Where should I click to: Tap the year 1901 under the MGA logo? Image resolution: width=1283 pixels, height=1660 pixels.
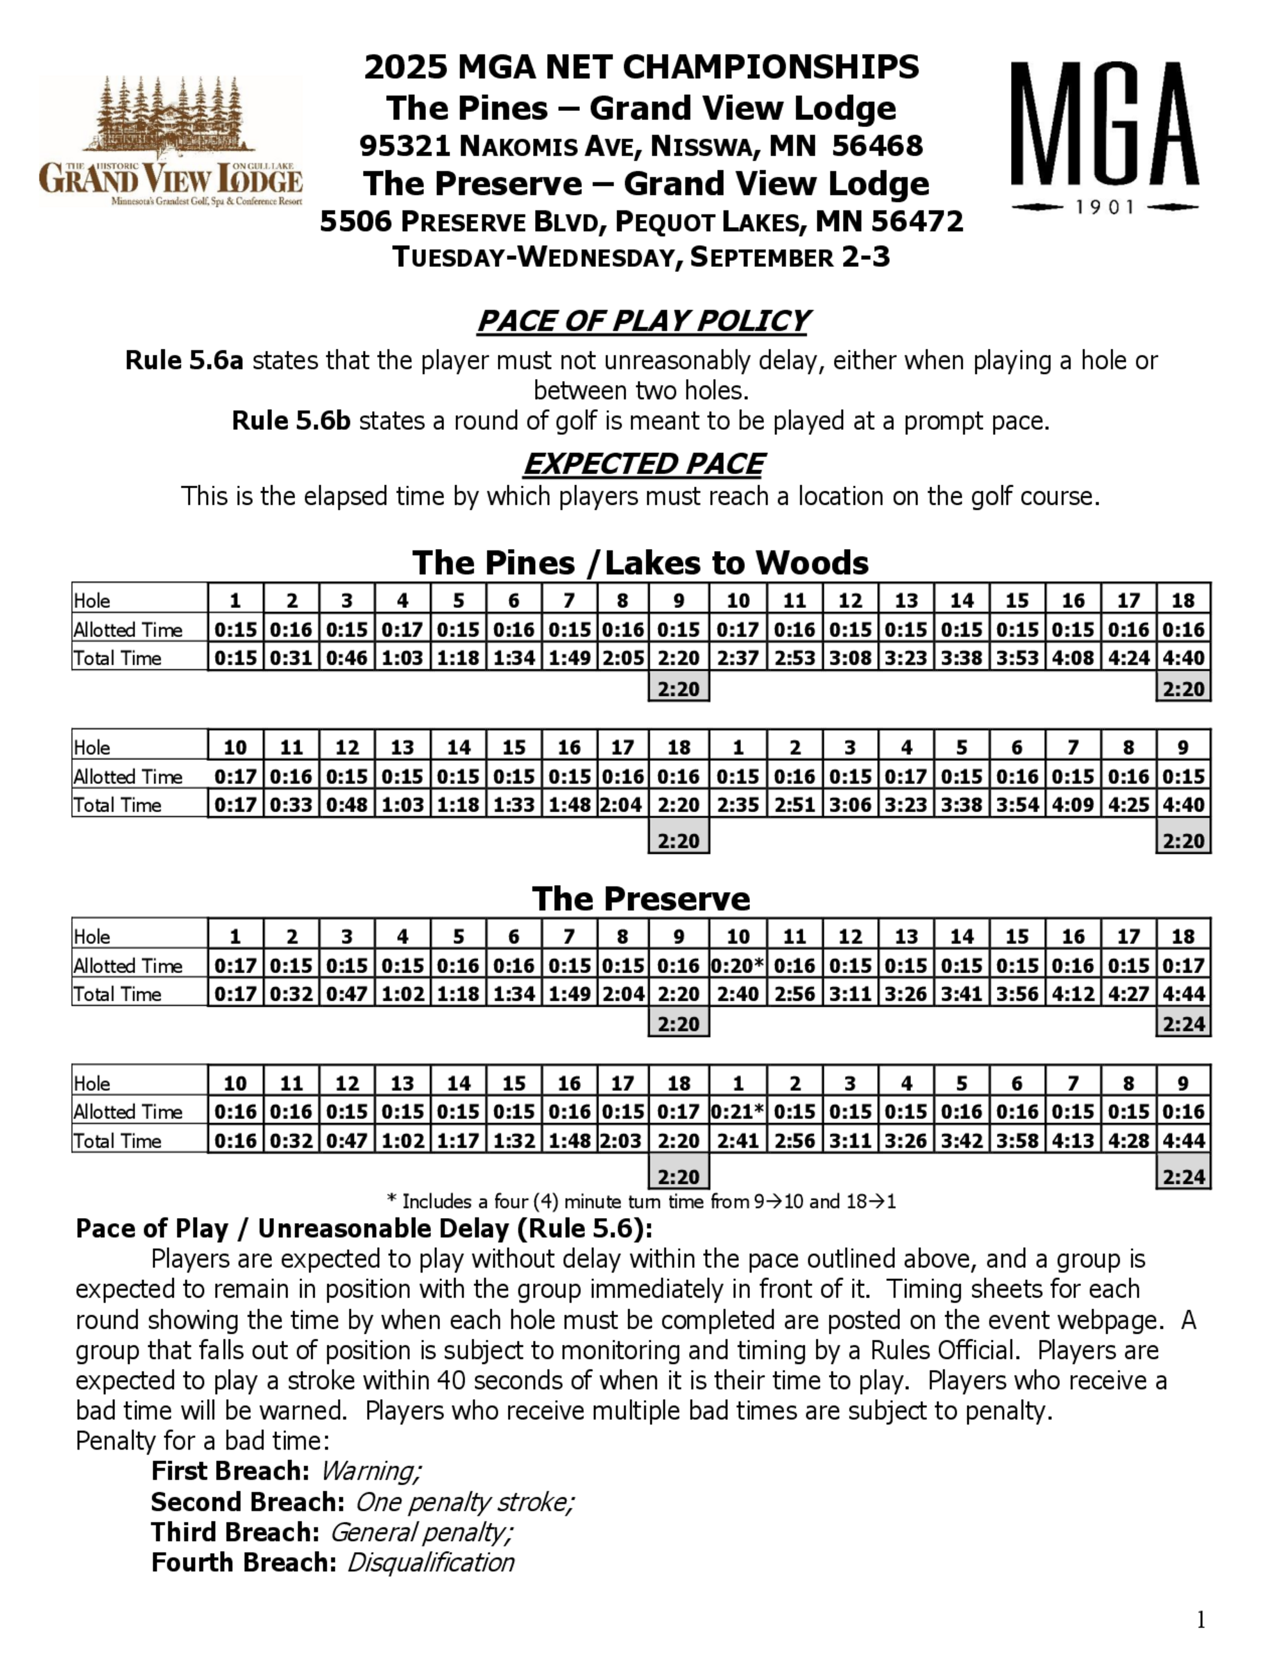click(x=1105, y=207)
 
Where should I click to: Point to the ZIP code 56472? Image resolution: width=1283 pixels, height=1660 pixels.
click(x=917, y=221)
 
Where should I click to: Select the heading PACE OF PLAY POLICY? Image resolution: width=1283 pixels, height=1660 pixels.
click(x=642, y=321)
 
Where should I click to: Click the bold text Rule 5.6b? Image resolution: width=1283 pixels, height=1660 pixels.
click(x=291, y=420)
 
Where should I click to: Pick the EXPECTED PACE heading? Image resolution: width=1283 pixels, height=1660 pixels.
click(x=643, y=464)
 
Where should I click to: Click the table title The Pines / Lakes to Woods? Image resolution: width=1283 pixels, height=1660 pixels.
click(x=640, y=563)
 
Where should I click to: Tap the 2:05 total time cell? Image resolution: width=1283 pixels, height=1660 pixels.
click(x=622, y=657)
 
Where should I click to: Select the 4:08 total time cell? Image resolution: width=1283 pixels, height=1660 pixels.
click(x=1073, y=657)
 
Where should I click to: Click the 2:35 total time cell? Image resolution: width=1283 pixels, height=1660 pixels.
click(x=737, y=804)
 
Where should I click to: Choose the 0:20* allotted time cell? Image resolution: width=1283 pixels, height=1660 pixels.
click(x=737, y=965)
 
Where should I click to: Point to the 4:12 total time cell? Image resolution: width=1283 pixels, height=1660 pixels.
click(x=1073, y=994)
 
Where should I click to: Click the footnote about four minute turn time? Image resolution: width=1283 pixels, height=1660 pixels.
click(x=641, y=1201)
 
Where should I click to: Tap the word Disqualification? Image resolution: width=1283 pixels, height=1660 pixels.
click(x=430, y=1562)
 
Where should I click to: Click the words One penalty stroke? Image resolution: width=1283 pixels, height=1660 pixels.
click(x=464, y=1502)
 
